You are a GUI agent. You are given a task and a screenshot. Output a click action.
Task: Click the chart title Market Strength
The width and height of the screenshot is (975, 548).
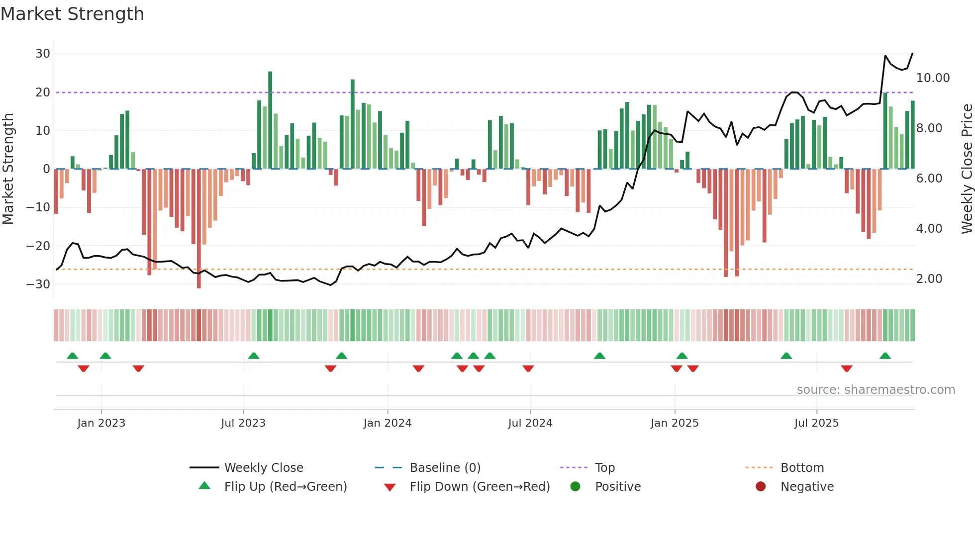72,14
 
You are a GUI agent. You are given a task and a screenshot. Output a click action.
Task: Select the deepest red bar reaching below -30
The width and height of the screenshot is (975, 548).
199,229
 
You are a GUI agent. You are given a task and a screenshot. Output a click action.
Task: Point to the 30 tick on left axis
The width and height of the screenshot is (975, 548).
43,54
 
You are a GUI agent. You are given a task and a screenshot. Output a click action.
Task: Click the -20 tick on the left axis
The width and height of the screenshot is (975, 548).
38,246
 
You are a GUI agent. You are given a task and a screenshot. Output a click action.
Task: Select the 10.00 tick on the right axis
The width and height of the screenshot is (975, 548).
933,78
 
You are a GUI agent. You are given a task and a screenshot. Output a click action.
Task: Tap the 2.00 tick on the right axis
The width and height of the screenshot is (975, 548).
929,279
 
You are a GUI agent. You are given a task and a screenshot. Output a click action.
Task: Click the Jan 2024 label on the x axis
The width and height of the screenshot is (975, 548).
388,423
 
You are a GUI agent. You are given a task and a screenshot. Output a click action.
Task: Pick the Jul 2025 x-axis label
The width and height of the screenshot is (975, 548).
816,423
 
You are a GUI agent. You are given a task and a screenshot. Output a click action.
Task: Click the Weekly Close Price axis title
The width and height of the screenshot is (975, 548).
967,169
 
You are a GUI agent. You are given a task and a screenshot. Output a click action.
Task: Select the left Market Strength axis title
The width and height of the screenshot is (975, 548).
8,169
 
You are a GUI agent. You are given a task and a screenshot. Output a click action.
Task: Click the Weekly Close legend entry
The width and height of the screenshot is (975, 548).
263,468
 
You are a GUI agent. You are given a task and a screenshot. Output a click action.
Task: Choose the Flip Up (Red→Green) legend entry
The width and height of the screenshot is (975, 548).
285,487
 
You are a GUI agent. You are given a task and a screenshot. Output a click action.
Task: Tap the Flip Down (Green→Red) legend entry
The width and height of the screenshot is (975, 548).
479,487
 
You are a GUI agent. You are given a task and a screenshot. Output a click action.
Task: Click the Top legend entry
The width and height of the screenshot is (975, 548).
604,468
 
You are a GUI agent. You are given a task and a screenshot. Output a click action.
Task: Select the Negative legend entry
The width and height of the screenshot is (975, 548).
806,487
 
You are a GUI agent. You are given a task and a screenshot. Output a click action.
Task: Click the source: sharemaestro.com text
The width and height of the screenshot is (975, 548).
876,390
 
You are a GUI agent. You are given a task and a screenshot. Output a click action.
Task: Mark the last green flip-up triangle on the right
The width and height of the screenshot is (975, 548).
885,356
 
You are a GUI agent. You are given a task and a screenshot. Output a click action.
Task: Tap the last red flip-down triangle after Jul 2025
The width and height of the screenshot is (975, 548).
847,368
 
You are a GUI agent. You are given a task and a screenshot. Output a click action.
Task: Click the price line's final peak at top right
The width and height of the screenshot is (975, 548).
912,53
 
